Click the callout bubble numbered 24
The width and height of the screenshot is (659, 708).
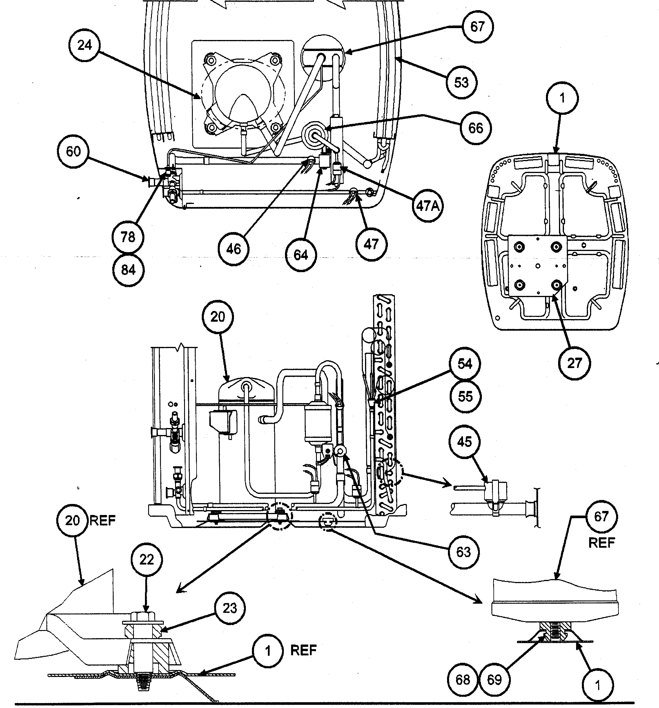pyautogui.click(x=85, y=45)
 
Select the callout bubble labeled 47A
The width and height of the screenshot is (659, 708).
pyautogui.click(x=428, y=205)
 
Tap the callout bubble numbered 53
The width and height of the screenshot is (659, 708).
pyautogui.click(x=462, y=83)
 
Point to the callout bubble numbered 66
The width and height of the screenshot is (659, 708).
pyautogui.click(x=476, y=128)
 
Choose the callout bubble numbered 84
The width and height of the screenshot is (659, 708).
pyautogui.click(x=128, y=270)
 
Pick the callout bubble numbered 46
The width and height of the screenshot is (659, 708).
pyautogui.click(x=233, y=249)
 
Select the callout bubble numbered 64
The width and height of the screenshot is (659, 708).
pyautogui.click(x=301, y=255)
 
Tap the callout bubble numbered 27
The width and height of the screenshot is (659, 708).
pyautogui.click(x=574, y=363)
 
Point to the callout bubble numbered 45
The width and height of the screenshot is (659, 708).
pyautogui.click(x=464, y=442)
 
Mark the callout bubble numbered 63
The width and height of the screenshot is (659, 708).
pyautogui.click(x=463, y=552)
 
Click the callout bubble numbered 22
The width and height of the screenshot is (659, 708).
pyautogui.click(x=146, y=560)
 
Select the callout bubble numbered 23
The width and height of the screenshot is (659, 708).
pyautogui.click(x=229, y=608)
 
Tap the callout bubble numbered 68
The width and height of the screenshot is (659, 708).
pyautogui.click(x=463, y=680)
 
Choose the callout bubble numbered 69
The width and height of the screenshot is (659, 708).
pyautogui.click(x=494, y=680)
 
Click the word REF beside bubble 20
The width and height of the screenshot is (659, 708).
pyautogui.click(x=103, y=521)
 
